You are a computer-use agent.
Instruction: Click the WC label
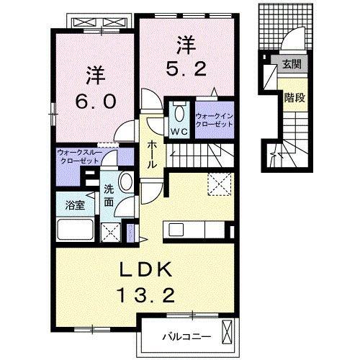pyautogui.click(x=179, y=132)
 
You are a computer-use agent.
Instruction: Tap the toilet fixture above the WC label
pyautogui.click(x=179, y=113)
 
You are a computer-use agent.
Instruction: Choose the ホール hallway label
pyautogui.click(x=152, y=153)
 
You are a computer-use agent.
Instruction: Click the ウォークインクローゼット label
pyautogui.click(x=215, y=120)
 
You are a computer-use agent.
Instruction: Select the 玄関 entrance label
pyautogui.click(x=291, y=64)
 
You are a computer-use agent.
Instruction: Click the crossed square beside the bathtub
pyautogui.click(x=112, y=232)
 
